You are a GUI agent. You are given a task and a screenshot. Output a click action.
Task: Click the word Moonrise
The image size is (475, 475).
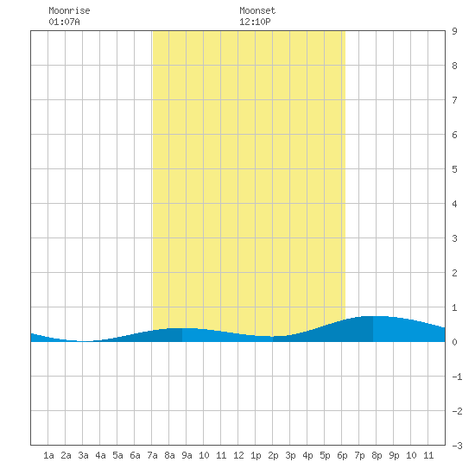69,10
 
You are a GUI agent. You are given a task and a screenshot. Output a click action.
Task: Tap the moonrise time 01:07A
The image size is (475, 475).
64,22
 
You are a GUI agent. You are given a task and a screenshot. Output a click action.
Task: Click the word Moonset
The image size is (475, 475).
257,10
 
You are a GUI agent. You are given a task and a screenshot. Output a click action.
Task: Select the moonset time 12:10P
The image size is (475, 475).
255,22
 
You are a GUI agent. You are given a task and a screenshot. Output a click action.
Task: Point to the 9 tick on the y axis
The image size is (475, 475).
454,31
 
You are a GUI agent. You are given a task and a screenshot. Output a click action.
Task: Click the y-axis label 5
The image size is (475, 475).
454,169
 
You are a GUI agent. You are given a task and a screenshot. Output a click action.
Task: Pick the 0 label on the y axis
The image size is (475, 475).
454,342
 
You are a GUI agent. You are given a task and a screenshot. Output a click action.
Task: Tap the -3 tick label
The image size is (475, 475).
458,446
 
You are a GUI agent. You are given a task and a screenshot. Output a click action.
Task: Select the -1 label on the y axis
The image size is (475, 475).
458,377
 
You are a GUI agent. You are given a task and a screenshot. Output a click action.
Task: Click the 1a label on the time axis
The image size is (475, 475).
48,455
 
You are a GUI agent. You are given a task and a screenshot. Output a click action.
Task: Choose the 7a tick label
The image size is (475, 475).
152,455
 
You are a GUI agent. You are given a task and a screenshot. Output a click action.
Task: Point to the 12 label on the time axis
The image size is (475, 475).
238,455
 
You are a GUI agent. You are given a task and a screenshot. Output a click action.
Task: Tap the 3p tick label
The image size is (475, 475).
290,455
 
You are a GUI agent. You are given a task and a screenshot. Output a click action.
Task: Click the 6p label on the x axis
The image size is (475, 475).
342,455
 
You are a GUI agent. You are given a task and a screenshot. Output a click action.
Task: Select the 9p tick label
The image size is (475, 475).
394,455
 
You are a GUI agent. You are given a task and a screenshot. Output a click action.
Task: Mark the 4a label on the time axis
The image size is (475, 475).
100,455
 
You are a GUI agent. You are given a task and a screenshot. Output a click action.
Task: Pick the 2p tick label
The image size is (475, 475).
273,455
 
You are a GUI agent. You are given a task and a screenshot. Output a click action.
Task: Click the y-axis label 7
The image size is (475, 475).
454,100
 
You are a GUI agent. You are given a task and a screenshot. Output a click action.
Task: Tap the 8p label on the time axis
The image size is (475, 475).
377,455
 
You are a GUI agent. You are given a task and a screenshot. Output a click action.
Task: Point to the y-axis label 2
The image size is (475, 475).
454,273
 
